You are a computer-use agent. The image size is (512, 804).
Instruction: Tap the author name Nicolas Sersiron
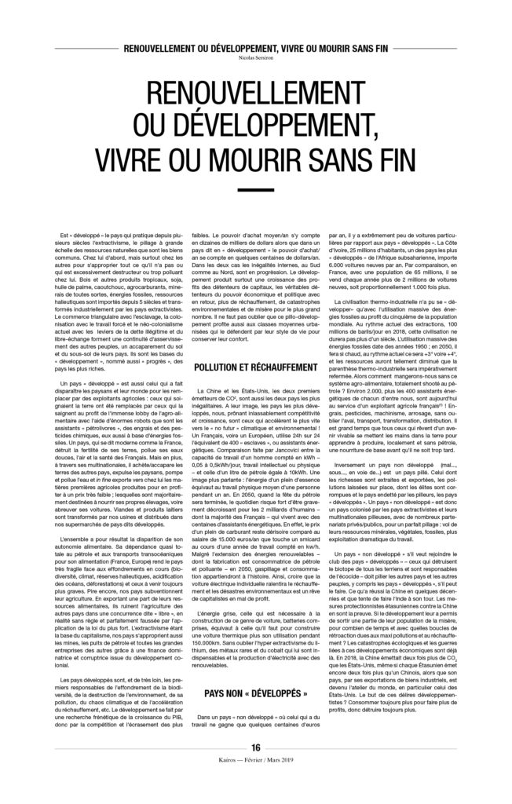256,57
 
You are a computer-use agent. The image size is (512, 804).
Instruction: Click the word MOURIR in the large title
260,157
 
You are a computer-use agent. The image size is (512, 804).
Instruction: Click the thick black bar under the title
256,191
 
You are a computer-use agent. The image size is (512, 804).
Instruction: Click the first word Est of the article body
64,234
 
